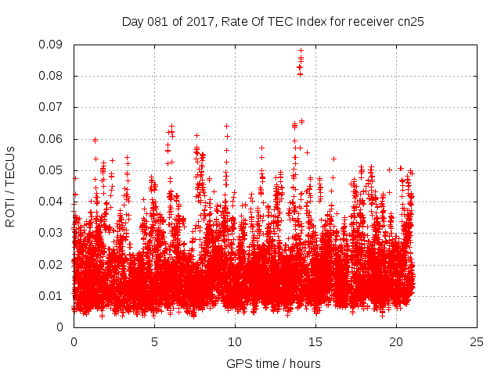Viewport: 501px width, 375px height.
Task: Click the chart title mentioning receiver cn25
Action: (273, 21)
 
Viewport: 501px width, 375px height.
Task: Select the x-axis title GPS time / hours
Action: (273, 363)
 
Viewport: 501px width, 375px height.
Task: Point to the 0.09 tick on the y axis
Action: (53, 45)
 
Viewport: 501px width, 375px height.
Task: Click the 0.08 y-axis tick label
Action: (53, 76)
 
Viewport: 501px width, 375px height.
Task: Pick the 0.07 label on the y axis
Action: (53, 107)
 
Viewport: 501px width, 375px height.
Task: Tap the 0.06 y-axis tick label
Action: (53, 139)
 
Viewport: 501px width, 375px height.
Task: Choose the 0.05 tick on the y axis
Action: (53, 170)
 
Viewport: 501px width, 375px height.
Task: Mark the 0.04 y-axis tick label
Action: (53, 202)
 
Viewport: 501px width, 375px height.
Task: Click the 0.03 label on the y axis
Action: (53, 233)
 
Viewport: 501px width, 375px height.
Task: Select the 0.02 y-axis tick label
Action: (53, 264)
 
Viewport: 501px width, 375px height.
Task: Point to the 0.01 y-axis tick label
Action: (53, 295)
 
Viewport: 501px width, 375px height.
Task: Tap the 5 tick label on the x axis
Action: (154, 341)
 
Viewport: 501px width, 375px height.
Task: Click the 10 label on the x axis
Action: (235, 341)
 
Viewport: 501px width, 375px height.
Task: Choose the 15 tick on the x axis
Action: (315, 341)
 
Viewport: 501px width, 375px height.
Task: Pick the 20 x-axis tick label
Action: (396, 341)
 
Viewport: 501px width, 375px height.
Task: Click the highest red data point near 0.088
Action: (301, 51)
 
